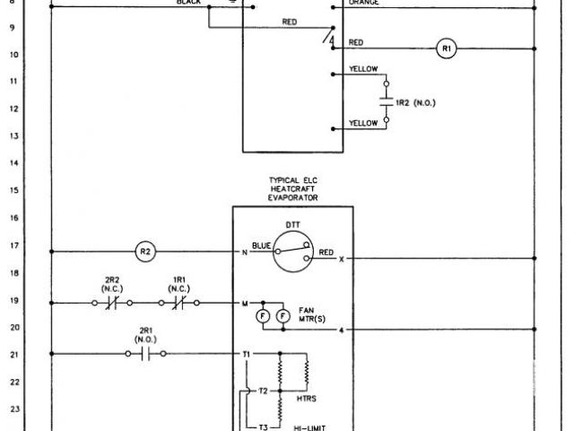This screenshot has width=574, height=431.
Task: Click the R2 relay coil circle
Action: pos(146,252)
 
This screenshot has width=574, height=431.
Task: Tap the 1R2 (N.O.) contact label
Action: pos(414,103)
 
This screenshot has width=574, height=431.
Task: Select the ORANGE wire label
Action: pos(363,3)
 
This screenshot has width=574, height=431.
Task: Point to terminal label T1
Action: pos(248,355)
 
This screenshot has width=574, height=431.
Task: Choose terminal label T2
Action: pos(262,391)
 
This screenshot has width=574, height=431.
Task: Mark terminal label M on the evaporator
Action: pos(245,303)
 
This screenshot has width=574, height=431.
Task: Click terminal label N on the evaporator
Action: pos(245,252)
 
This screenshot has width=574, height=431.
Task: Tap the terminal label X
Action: pos(341,259)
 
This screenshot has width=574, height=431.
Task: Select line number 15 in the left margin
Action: pos(13,191)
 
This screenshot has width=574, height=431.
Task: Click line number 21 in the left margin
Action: pos(13,355)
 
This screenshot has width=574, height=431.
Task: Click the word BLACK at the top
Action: pos(189,3)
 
